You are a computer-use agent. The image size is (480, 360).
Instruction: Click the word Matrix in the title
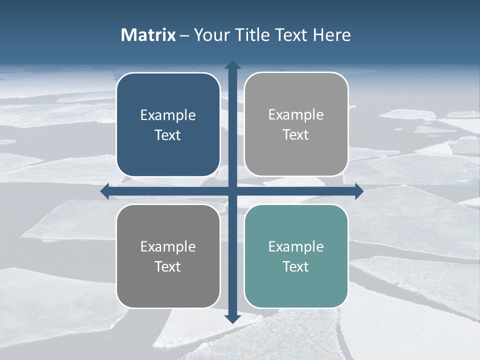pyautogui.click(x=148, y=35)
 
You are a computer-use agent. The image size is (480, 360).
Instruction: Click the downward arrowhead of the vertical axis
pyautogui.click(x=232, y=318)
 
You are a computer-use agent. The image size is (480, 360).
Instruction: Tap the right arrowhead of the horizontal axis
pyautogui.click(x=359, y=191)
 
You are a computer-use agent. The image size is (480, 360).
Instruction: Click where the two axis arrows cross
pyautogui.click(x=232, y=191)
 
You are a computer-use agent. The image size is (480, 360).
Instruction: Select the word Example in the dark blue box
pyautogui.click(x=168, y=115)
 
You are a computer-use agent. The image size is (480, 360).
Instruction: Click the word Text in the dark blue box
pyautogui.click(x=168, y=135)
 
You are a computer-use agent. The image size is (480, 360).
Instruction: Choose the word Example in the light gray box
pyautogui.click(x=296, y=115)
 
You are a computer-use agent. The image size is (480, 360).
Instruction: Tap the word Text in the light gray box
pyautogui.click(x=296, y=134)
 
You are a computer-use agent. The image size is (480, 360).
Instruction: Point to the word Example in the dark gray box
pyautogui.click(x=168, y=247)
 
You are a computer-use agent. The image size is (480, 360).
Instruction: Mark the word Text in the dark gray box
pyautogui.click(x=168, y=266)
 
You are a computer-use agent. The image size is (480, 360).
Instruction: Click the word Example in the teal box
pyautogui.click(x=296, y=247)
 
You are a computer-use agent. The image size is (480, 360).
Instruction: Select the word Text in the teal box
pyautogui.click(x=296, y=266)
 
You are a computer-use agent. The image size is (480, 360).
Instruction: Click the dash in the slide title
pyautogui.click(x=185, y=35)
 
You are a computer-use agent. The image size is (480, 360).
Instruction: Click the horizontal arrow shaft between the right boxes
pyautogui.click(x=296, y=191)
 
